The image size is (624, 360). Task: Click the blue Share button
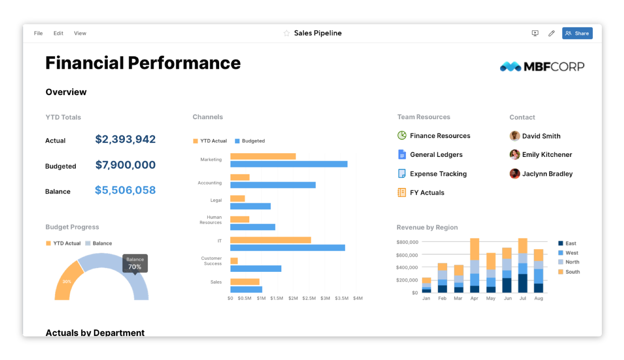(x=577, y=33)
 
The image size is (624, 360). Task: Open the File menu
(x=38, y=33)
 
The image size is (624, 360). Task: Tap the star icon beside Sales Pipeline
(x=286, y=33)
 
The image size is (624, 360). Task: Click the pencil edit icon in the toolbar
(x=551, y=33)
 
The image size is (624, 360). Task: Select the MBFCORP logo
(x=542, y=66)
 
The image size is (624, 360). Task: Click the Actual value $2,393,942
(x=125, y=139)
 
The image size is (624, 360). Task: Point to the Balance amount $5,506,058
(x=125, y=190)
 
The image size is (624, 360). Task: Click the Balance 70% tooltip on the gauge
(x=135, y=263)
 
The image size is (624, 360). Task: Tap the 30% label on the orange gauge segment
(x=67, y=282)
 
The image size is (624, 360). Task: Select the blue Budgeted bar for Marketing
(x=288, y=164)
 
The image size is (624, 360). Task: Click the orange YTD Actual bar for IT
(x=271, y=240)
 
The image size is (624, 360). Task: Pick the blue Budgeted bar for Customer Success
(x=255, y=269)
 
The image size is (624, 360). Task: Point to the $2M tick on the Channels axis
(x=293, y=298)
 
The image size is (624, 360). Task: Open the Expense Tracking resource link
(x=438, y=174)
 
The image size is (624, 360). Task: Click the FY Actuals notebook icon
(x=402, y=193)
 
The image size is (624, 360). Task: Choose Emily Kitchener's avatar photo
(x=515, y=155)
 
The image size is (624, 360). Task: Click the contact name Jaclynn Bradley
(x=547, y=174)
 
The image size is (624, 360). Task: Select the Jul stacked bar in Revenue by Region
(x=523, y=266)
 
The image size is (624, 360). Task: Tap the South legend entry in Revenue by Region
(x=572, y=272)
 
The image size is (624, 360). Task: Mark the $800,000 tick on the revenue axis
(x=407, y=242)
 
